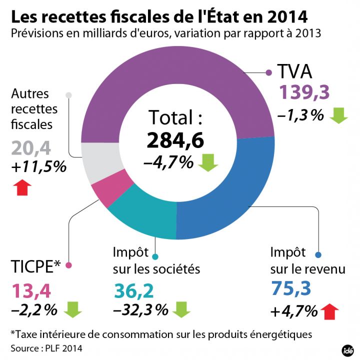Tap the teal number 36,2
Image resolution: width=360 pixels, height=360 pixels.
click(x=133, y=289)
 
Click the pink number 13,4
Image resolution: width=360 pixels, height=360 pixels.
click(x=31, y=289)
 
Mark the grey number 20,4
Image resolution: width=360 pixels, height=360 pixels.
click(x=31, y=147)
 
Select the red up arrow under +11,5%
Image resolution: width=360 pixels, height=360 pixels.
click(x=22, y=187)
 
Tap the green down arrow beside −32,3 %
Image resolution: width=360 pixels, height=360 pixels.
click(x=181, y=309)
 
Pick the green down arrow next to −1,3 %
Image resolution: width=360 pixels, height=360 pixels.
click(x=338, y=116)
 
